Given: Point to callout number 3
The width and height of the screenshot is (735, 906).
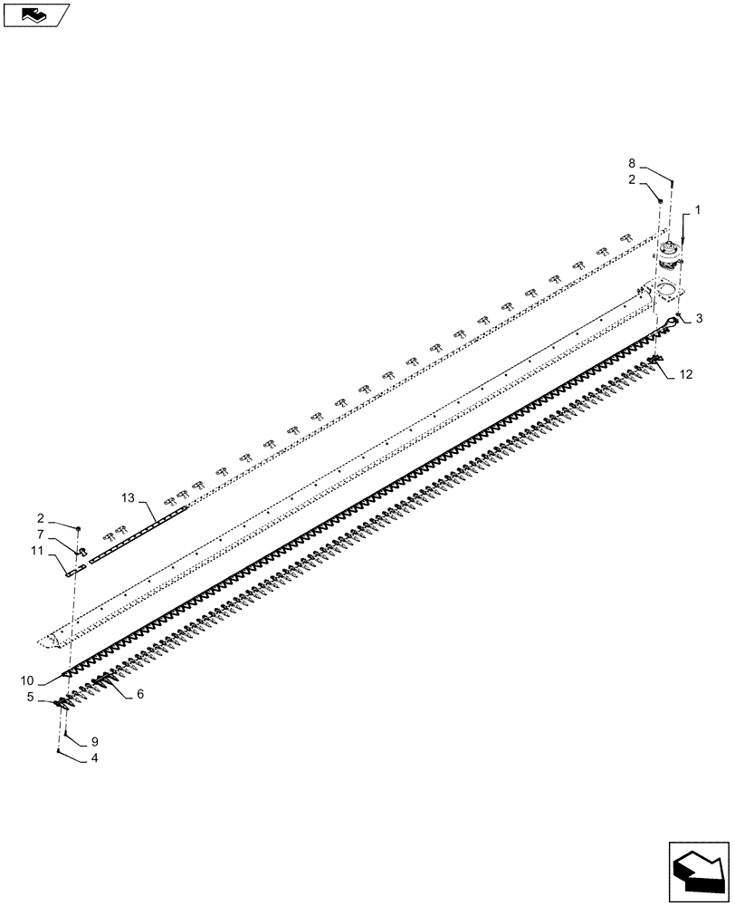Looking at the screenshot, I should click(x=699, y=319).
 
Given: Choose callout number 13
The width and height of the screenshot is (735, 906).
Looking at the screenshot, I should click(x=128, y=498).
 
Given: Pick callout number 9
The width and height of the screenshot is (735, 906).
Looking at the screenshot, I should click(x=93, y=742).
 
